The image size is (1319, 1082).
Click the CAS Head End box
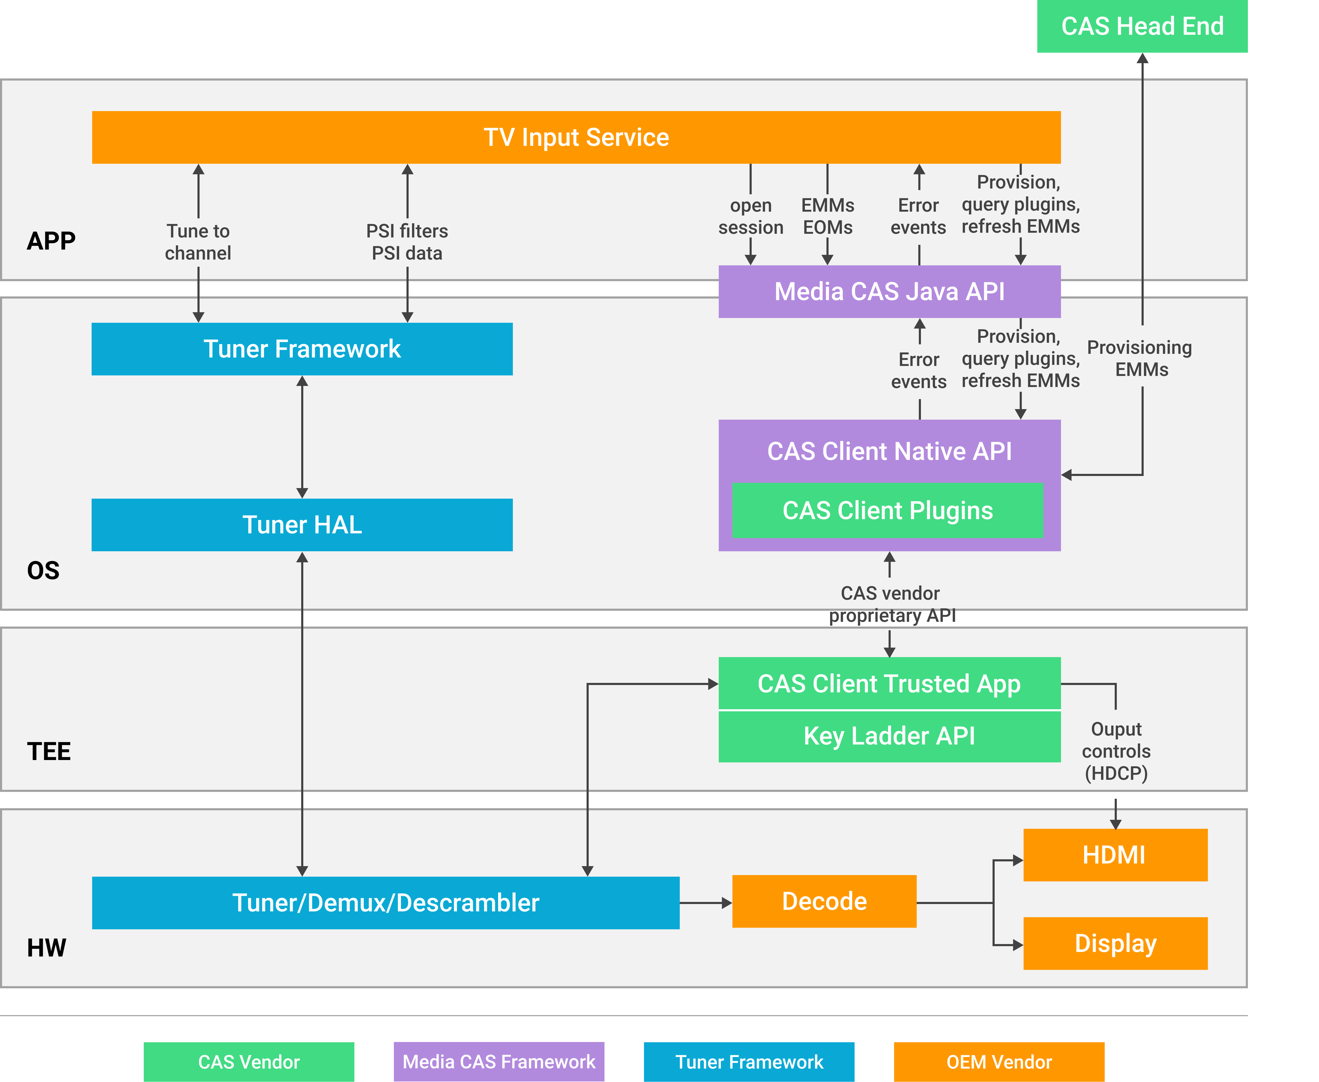click(x=1142, y=26)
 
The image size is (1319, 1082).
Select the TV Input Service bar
click(x=576, y=137)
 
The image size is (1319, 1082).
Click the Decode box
click(x=824, y=901)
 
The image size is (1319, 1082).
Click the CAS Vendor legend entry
click(x=249, y=1061)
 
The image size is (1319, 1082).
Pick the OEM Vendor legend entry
click(x=999, y=1061)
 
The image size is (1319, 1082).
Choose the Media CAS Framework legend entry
click(x=499, y=1061)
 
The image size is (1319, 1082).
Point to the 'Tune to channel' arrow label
click(x=198, y=242)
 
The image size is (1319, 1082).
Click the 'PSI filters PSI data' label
click(x=407, y=242)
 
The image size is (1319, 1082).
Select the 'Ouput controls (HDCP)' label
click(x=1116, y=751)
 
